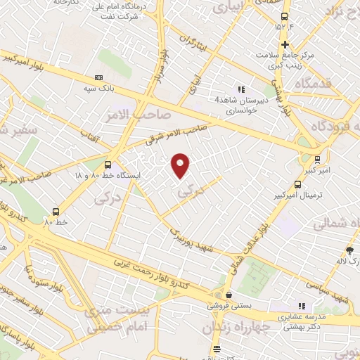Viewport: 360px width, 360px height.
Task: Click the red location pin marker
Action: (181, 166)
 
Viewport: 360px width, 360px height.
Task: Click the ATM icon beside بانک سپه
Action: (98, 77)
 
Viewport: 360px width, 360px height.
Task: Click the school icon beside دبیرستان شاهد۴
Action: (241, 89)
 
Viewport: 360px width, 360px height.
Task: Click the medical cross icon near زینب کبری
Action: (284, 45)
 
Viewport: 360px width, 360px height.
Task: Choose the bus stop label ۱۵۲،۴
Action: (284, 27)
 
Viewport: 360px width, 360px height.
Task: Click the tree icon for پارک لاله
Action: (349, 250)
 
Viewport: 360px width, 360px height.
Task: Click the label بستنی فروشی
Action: (223, 306)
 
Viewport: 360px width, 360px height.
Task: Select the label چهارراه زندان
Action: (233, 327)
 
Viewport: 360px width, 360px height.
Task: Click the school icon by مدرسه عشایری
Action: (302, 306)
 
